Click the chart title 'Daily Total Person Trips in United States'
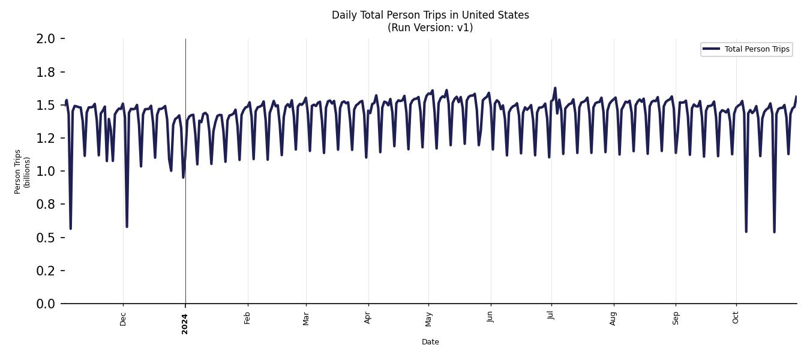pos(430,15)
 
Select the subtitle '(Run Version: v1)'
pos(430,28)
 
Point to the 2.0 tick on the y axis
pos(46,39)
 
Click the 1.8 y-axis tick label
pos(46,73)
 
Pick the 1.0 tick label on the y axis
pos(46,172)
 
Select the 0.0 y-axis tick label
pos(46,304)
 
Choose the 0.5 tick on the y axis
pos(46,238)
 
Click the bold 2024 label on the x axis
pos(185,323)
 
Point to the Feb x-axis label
pos(247,317)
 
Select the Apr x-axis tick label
pos(368,317)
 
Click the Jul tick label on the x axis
pos(551,316)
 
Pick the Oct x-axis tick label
pos(736,317)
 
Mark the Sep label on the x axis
pos(676,317)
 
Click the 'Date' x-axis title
pos(430,342)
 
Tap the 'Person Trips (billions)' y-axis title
pos(22,172)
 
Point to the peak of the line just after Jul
pos(555,88)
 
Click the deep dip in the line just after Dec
pos(127,226)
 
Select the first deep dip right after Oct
pos(746,231)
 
